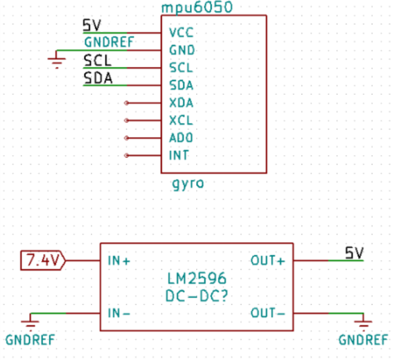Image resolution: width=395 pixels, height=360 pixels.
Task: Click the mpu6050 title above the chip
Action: click(197, 8)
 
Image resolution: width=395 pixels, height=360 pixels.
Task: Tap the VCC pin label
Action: click(181, 33)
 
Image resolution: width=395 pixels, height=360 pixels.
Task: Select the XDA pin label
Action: click(181, 102)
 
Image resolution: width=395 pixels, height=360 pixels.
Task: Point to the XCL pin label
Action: click(181, 120)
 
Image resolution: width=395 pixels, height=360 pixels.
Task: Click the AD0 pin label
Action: click(181, 138)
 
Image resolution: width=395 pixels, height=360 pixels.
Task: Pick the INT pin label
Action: click(179, 155)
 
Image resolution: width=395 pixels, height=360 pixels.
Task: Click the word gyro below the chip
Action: click(188, 183)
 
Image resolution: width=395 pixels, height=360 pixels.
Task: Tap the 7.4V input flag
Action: click(43, 260)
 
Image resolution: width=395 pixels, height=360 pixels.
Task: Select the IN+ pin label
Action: click(119, 260)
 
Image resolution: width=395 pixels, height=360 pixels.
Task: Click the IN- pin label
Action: click(119, 313)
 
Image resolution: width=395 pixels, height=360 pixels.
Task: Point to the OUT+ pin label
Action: click(267, 260)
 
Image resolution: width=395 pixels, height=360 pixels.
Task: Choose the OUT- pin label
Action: click(267, 313)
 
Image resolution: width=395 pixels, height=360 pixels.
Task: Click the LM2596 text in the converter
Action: click(197, 278)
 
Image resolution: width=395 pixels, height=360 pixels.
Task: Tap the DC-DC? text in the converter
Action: click(197, 296)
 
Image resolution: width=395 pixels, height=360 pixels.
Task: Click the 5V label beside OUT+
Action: click(354, 253)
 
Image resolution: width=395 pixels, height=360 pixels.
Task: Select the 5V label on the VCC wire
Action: click(92, 25)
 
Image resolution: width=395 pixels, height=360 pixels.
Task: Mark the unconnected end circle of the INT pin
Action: click(126, 156)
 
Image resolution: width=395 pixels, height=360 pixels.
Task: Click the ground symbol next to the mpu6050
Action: click(57, 60)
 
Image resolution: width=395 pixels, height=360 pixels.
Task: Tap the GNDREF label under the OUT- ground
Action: click(363, 340)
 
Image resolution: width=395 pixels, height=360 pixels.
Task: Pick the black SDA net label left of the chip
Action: click(98, 78)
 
